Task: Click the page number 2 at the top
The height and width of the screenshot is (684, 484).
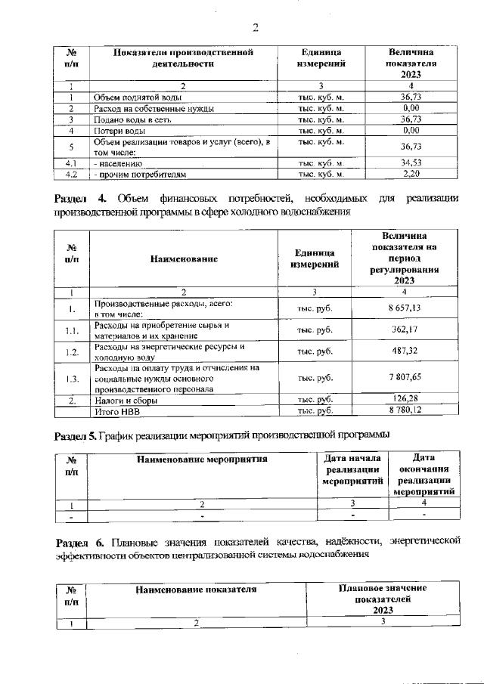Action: (255, 28)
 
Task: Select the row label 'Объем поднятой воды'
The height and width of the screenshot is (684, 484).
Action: (136, 97)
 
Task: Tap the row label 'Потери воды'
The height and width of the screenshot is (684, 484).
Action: (119, 130)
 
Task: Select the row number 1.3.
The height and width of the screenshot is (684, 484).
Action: (70, 378)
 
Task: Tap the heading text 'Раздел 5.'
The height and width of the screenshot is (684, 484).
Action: (77, 435)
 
